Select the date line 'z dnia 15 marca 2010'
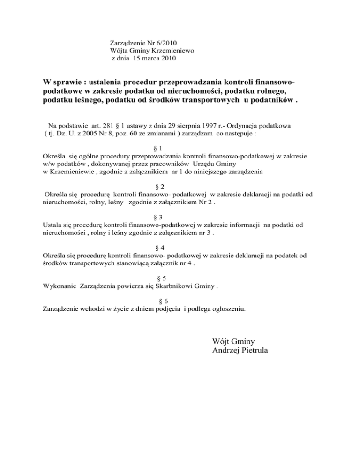[x=143, y=58]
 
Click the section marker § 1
[x=158, y=148]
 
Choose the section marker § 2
[x=158, y=186]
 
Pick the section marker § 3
[x=158, y=217]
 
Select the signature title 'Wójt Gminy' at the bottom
[x=233, y=341]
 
